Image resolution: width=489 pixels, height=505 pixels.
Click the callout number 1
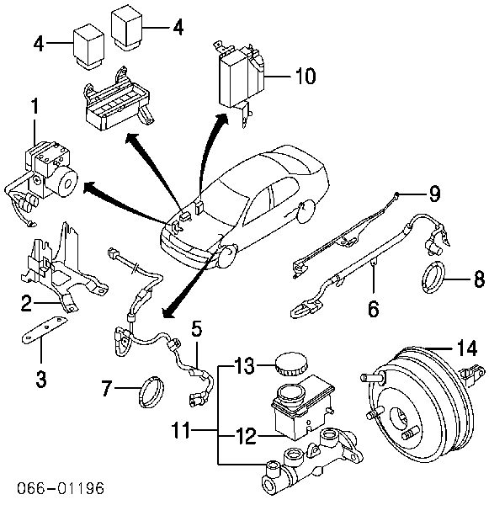[x=35, y=108]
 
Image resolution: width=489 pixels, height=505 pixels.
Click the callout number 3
[x=40, y=378]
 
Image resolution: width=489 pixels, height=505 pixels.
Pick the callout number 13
[x=243, y=366]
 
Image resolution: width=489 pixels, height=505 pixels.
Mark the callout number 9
[x=433, y=194]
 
